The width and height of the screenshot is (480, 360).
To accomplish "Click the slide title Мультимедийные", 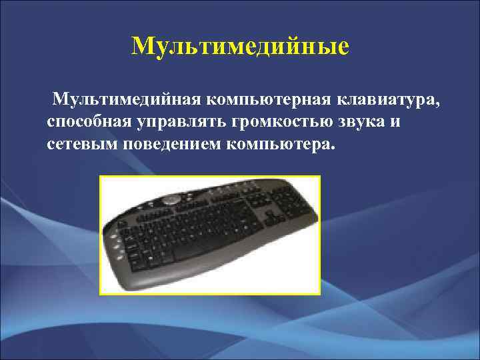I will (x=240, y=47).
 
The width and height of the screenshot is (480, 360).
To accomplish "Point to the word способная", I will (x=91, y=123).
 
